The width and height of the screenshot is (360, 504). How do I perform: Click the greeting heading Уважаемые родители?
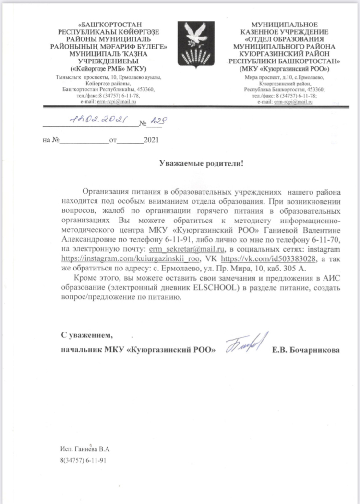pos(201,164)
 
